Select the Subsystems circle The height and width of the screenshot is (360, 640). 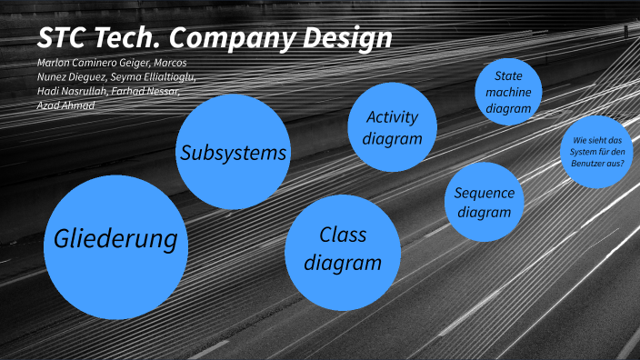coord(234,152)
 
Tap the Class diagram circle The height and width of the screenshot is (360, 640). coord(343,251)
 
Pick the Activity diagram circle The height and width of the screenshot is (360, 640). coord(392,127)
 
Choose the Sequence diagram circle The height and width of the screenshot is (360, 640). coord(485,202)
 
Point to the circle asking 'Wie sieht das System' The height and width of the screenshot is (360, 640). coord(596,150)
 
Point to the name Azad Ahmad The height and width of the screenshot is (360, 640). coord(66,106)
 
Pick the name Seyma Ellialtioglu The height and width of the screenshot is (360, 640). coord(149,77)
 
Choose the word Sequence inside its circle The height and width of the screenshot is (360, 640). coord(485,193)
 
